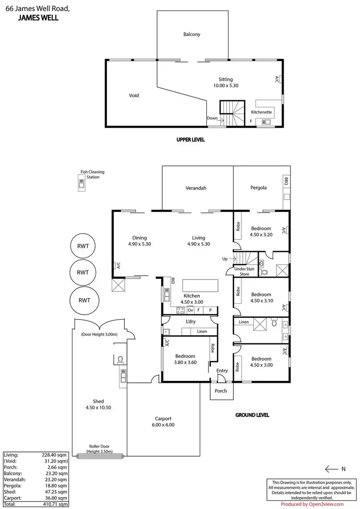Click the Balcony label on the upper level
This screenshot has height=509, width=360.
pyautogui.click(x=192, y=35)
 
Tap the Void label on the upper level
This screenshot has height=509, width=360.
pyautogui.click(x=134, y=95)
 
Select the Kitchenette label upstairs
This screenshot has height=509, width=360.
pyautogui.click(x=262, y=112)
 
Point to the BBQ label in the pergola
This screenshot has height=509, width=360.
pyautogui.click(x=286, y=181)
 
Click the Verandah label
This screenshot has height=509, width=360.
pyautogui.click(x=196, y=188)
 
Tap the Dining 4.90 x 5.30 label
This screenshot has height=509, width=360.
pyautogui.click(x=140, y=241)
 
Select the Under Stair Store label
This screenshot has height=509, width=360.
pyautogui.click(x=244, y=272)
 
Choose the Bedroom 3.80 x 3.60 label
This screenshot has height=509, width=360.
pyautogui.click(x=185, y=359)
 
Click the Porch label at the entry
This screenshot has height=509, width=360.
pyautogui.click(x=221, y=391)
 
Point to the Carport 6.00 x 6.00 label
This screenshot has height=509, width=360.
pyautogui.click(x=163, y=421)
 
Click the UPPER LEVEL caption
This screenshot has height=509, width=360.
pyautogui.click(x=190, y=140)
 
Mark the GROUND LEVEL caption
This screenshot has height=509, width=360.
pyautogui.click(x=252, y=415)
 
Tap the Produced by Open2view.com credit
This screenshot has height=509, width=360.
pyautogui.click(x=312, y=504)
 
